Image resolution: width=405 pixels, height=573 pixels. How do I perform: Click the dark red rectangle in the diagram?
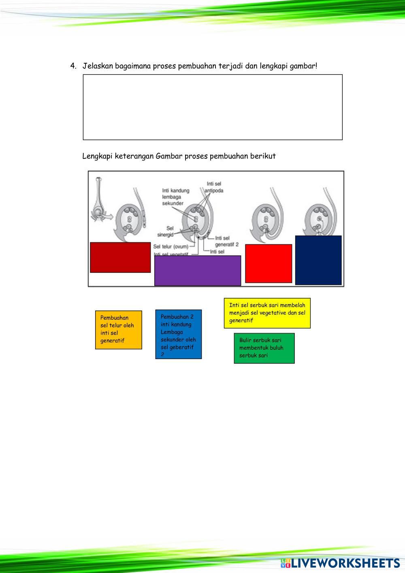point(120,257)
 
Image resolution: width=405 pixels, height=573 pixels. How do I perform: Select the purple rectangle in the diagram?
point(198,270)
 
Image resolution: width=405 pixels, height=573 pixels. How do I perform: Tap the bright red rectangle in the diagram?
point(269,263)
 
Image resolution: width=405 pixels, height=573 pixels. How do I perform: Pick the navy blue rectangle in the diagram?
point(318,260)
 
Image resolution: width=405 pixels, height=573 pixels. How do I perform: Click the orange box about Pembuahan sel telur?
point(119,330)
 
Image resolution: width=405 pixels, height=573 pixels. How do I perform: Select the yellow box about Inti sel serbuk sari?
point(267,313)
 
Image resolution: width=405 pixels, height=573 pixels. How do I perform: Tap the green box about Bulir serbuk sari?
point(264,348)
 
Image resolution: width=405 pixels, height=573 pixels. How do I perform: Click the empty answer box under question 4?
point(213,107)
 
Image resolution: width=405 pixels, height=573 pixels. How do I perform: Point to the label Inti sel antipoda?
point(214,187)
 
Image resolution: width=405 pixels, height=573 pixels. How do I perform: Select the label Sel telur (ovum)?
point(171,246)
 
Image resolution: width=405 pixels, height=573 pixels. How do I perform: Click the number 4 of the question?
point(72,66)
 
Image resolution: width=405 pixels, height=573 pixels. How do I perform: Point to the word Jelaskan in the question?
point(98,66)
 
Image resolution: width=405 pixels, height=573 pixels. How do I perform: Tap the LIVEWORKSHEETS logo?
point(340,563)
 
